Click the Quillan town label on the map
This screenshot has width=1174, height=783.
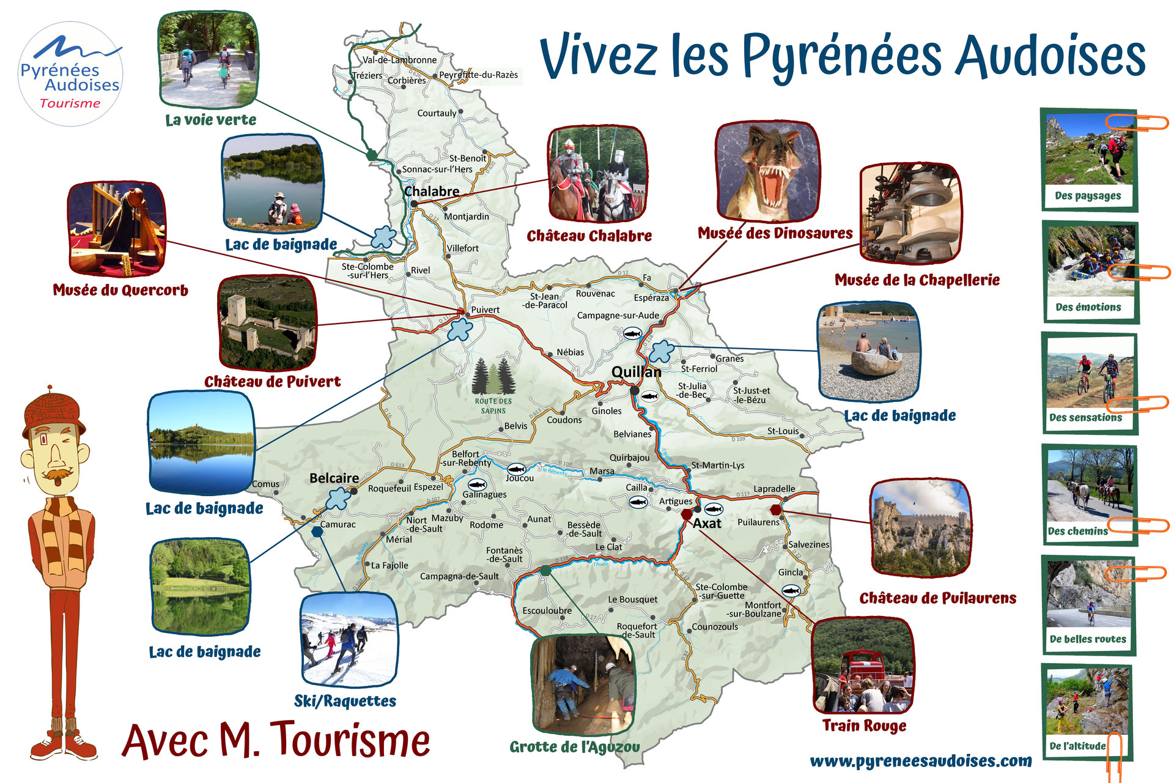(x=637, y=371)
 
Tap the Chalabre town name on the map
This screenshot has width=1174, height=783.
(x=432, y=191)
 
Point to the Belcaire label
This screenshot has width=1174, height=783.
(x=334, y=478)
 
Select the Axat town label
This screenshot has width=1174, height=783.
(x=707, y=524)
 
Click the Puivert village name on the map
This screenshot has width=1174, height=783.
(x=485, y=310)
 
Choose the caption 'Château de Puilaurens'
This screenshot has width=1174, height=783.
(x=937, y=598)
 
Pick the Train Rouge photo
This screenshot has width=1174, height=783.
(x=863, y=667)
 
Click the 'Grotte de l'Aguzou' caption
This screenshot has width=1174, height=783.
(x=575, y=747)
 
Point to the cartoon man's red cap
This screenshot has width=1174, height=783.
(x=53, y=413)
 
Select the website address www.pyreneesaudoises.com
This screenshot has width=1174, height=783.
(x=920, y=761)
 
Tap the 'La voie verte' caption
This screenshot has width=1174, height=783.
(x=210, y=120)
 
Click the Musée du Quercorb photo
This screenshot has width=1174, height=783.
(x=116, y=228)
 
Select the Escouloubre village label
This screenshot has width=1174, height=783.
(x=547, y=610)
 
